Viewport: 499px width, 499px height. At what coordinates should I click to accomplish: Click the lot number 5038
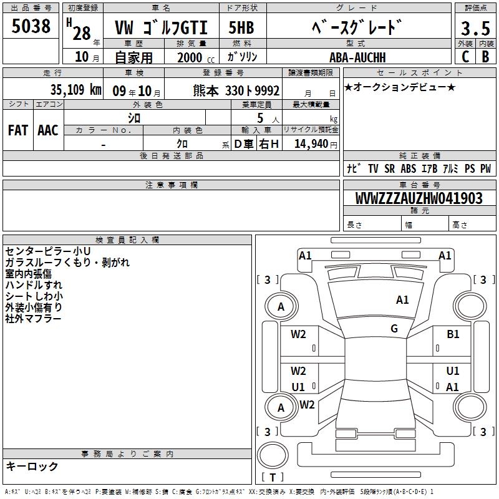31,26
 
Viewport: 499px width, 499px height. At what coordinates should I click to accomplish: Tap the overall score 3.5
475,28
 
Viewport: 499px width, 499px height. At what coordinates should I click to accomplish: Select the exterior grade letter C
465,57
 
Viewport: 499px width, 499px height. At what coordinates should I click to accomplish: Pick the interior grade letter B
486,57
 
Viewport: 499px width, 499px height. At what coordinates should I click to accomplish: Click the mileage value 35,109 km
75,90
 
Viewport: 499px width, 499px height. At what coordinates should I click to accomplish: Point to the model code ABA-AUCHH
357,57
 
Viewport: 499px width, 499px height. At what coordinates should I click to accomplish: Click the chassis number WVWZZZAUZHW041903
419,198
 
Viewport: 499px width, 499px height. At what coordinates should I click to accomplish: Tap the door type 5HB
241,27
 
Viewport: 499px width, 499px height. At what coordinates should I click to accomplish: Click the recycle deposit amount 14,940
311,143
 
